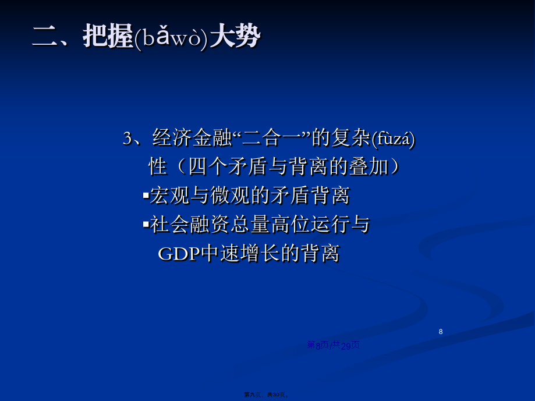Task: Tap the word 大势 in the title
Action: (x=235, y=36)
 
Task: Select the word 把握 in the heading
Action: (x=108, y=36)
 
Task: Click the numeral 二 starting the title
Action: (x=45, y=36)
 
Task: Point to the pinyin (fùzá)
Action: (x=393, y=139)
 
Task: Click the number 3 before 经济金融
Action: (x=127, y=139)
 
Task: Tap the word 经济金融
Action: (x=192, y=138)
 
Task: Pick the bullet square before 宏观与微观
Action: (x=146, y=196)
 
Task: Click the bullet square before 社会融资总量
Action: (x=146, y=225)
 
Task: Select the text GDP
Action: (x=179, y=253)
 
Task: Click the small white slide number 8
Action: (x=441, y=331)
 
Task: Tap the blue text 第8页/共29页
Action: (x=334, y=345)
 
